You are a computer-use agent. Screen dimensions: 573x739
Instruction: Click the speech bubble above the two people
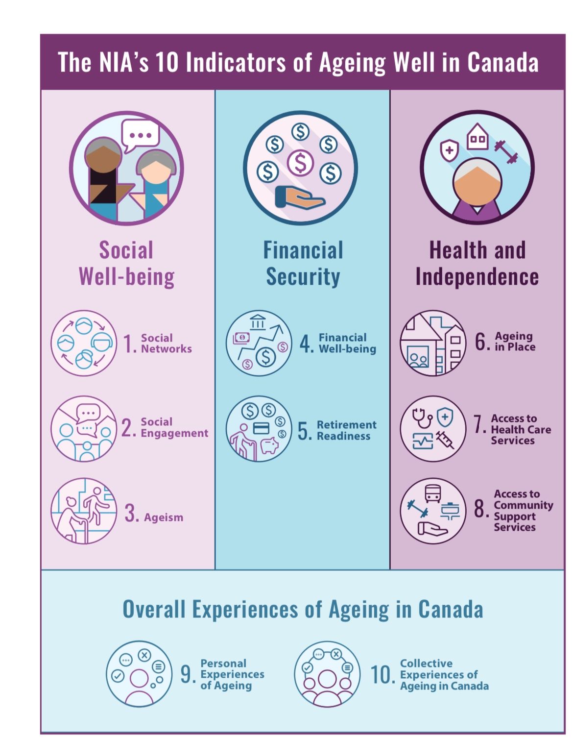tap(140, 136)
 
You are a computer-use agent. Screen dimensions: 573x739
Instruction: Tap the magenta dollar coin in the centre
tap(300, 163)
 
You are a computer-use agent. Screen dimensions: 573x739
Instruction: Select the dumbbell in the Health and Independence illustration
tap(506, 152)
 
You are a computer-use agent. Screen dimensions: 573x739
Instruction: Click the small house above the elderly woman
tap(477, 136)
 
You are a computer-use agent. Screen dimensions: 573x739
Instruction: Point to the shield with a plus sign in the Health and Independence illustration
tap(449, 150)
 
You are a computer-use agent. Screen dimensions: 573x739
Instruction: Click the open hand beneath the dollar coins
tap(300, 197)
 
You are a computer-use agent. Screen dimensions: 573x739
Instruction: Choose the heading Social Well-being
tap(126, 264)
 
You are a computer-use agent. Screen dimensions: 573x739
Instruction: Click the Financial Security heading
tap(303, 264)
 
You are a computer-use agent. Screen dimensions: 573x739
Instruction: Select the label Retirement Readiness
tap(346, 430)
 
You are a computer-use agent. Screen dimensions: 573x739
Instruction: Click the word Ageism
tap(164, 517)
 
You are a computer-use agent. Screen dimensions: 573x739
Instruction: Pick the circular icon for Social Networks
tap(84, 343)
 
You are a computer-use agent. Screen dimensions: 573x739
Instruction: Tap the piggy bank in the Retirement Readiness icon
tap(269, 444)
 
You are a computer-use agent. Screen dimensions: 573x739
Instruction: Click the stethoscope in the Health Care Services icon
tap(422, 418)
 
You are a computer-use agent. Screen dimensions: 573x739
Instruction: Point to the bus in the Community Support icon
tap(432, 493)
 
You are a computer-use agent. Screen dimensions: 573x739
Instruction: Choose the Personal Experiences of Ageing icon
tap(139, 674)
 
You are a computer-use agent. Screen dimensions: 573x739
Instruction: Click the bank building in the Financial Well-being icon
tap(258, 322)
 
